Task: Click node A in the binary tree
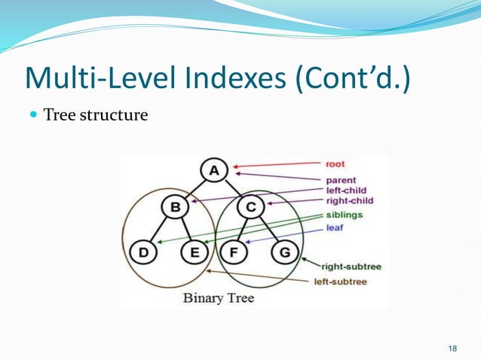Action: pos(214,171)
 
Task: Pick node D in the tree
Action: pos(143,252)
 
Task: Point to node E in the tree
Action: pos(195,252)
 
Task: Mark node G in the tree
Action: pos(284,252)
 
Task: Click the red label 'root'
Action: pos(335,163)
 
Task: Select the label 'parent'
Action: pos(342,181)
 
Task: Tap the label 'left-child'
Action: pos(346,191)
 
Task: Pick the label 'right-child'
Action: pos(349,201)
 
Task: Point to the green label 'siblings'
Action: pos(344,215)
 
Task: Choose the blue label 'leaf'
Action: pos(334,227)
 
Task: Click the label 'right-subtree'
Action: pos(350,266)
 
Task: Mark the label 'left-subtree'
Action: pos(341,282)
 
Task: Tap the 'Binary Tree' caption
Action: pos(219,298)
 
